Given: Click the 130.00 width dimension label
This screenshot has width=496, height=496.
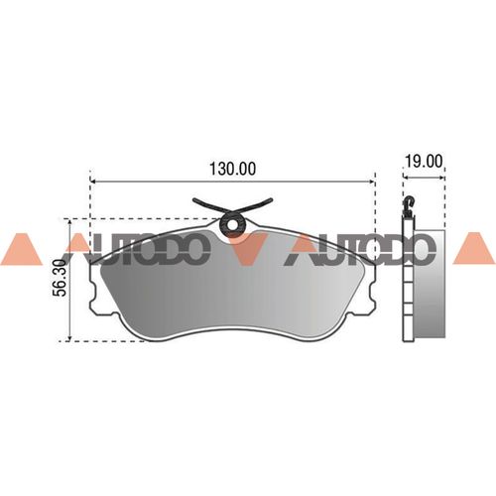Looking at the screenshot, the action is tap(233, 169).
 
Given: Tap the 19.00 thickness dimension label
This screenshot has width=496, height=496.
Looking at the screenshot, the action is tap(424, 162).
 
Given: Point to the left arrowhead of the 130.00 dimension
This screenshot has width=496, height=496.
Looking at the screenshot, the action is tap(93, 182).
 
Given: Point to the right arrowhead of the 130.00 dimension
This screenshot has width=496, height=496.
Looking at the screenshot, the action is tap(371, 182).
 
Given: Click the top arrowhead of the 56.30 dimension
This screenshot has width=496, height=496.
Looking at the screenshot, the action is tap(69, 222).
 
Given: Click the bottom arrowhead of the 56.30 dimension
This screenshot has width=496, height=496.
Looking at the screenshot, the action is tap(69, 337).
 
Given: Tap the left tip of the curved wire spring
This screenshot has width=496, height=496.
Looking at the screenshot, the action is tap(194, 199).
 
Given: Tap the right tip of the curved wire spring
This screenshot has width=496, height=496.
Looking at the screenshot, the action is tap(271, 199).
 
